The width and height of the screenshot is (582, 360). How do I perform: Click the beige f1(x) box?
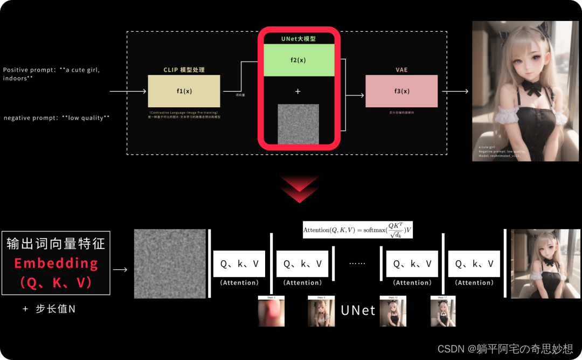click(184, 91)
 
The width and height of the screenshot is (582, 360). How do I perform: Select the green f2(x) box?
click(298, 60)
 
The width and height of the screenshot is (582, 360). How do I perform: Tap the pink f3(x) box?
click(401, 91)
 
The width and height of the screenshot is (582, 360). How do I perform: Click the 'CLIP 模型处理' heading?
click(184, 70)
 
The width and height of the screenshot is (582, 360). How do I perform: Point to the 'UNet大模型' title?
click(298, 39)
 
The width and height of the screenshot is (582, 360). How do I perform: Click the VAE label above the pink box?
click(401, 70)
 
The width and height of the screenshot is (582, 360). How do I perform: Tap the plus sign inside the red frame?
click(298, 92)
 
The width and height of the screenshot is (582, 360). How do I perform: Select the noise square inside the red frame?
click(298, 124)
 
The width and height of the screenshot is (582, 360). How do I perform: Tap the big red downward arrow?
click(300, 189)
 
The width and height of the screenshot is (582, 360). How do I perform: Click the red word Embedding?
click(56, 264)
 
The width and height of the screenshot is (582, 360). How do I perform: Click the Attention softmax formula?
click(357, 230)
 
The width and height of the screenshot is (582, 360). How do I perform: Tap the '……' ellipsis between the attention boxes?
click(357, 264)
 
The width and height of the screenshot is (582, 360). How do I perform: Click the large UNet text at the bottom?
click(358, 310)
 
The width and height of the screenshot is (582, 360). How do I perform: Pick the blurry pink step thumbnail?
click(271, 313)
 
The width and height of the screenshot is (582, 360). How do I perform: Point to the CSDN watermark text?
click(505, 349)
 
